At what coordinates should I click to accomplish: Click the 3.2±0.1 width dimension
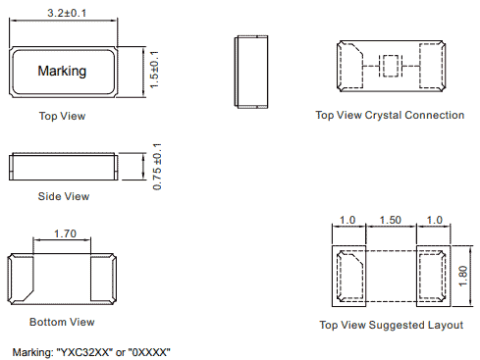pos(67,13)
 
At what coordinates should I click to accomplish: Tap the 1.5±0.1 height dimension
pos(154,70)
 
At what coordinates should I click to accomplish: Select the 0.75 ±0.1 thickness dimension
pos(157,167)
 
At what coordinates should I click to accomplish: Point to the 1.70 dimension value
pos(65,233)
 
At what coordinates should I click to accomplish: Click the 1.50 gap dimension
pos(391,220)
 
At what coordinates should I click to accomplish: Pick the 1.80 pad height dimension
pos(463,276)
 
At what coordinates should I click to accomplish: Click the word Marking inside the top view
pos(62,71)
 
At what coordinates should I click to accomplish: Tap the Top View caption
pos(62,116)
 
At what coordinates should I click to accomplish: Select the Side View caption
pos(64,196)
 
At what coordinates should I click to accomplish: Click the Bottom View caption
pos(62,322)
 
